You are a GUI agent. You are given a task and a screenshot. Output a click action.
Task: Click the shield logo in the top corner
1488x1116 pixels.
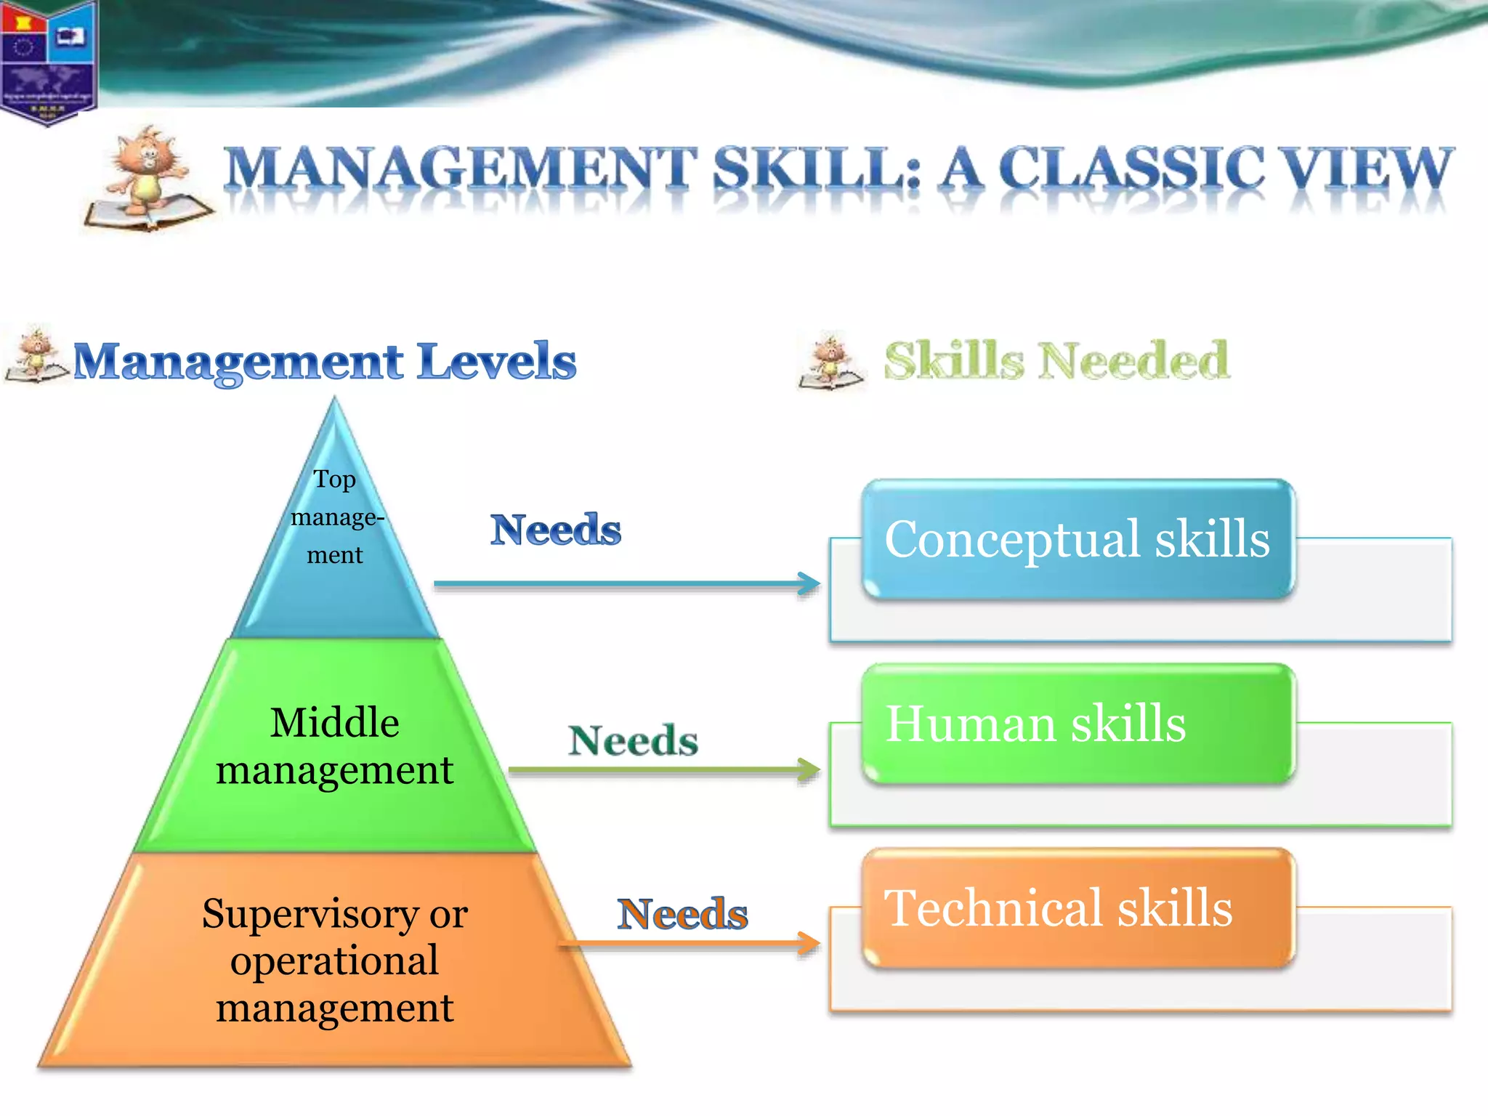tap(48, 61)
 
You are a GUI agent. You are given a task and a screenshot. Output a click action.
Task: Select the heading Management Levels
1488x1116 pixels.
tap(324, 361)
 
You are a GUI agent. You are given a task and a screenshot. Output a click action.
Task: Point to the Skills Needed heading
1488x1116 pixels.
tap(1056, 361)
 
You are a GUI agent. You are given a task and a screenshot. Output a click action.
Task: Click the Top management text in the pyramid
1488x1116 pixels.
tap(335, 517)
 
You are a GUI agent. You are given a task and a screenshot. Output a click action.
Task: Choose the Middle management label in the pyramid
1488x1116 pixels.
tap(335, 745)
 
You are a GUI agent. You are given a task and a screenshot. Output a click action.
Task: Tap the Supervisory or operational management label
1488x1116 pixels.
tap(335, 960)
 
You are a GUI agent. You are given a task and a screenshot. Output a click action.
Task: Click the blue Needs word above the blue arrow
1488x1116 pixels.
tap(556, 530)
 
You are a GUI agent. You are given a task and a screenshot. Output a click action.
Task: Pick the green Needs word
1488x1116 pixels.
tap(633, 741)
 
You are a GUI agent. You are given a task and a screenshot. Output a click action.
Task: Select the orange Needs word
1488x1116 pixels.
tap(682, 914)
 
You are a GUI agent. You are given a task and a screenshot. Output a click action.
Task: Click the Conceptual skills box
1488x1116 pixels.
tap(1078, 539)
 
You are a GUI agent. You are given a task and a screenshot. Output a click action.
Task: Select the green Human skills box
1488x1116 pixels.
tap(1078, 724)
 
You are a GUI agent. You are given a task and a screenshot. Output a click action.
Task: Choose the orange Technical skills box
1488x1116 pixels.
tap(1078, 908)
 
